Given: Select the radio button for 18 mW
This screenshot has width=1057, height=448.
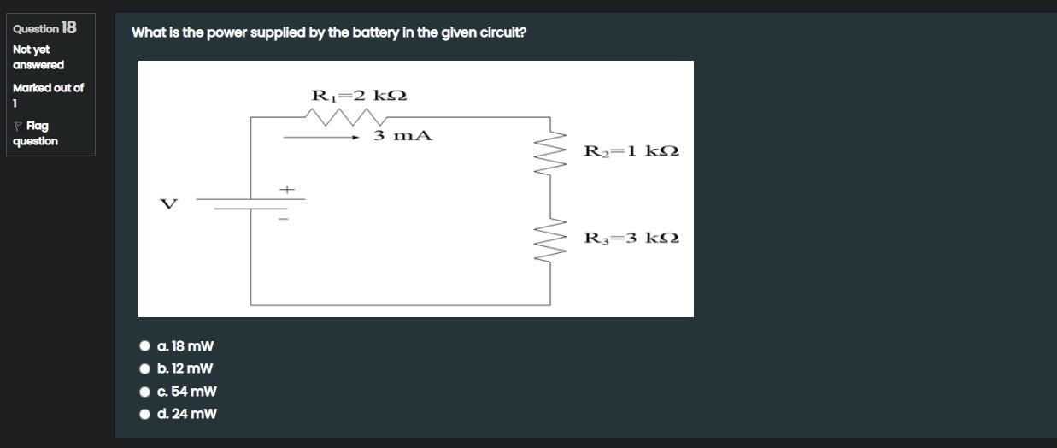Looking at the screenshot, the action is point(144,346).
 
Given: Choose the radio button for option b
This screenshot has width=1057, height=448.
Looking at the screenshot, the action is point(144,368).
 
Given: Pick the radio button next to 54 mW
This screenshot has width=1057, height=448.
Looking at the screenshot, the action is point(144,392).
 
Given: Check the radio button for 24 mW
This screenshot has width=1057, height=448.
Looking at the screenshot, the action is point(144,414).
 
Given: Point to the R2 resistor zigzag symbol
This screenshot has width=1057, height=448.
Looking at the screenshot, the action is point(555,153).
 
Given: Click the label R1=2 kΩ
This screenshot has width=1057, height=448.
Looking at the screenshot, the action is point(359,95).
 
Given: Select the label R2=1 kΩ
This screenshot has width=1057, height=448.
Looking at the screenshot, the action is point(631,151).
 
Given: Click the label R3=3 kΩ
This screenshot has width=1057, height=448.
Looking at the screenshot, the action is point(631,238).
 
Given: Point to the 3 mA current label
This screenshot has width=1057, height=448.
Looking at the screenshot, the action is point(402,135).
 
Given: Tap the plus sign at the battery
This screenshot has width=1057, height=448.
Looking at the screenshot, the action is point(287,188).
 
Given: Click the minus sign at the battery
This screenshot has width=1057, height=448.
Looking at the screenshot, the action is point(286,219).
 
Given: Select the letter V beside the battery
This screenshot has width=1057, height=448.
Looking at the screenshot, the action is point(169,203).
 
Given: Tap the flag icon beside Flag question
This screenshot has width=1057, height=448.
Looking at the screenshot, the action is point(18,126).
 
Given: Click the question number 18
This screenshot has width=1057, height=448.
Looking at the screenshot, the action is point(68,27).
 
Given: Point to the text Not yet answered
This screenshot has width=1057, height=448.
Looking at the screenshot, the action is point(38,57).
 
